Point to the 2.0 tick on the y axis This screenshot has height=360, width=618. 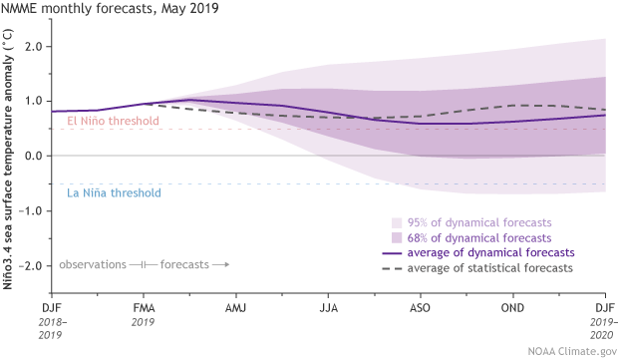pyautogui.click(x=37, y=46)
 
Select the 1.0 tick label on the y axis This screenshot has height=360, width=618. pyautogui.click(x=37, y=101)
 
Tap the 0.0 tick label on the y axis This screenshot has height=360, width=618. pyautogui.click(x=37, y=156)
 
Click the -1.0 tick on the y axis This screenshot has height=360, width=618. pyautogui.click(x=35, y=210)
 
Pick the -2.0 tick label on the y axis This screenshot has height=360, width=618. pyautogui.click(x=35, y=265)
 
